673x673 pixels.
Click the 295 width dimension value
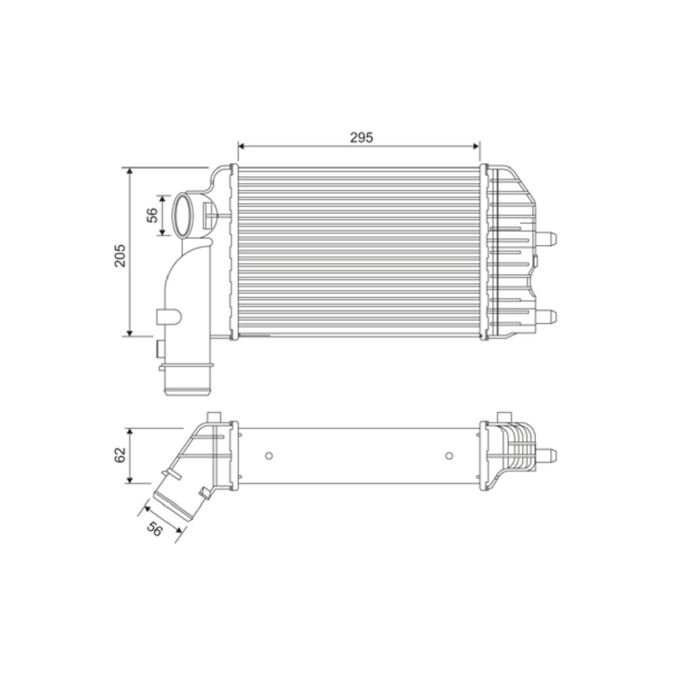361,137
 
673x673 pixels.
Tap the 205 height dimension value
120,255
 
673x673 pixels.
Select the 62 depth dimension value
120,454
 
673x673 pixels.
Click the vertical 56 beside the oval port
152,215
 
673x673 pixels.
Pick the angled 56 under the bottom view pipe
155,529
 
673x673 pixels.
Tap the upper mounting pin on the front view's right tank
547,238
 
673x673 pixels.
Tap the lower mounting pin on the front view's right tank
547,316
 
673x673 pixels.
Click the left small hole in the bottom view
269,456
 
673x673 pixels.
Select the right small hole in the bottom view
449,456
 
